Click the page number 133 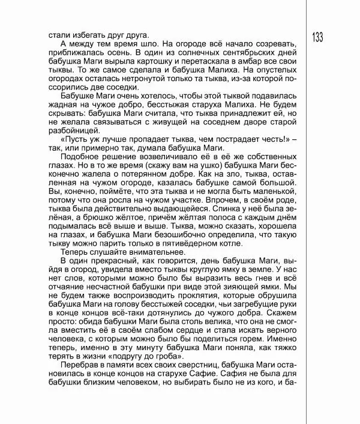tap(317, 37)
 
